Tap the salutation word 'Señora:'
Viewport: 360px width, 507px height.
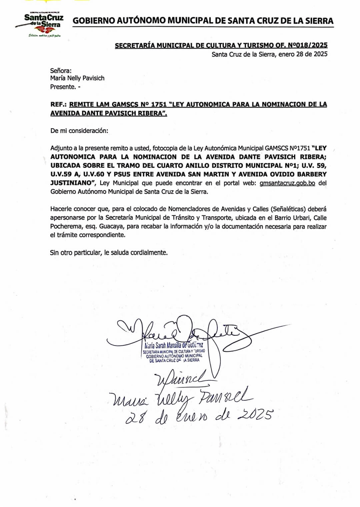pos(61,70)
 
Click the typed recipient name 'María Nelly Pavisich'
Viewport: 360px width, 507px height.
pos(77,78)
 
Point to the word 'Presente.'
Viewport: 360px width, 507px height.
pos(63,87)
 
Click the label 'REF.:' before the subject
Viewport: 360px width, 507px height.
pos(58,104)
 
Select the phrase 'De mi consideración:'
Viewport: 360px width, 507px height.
pos(79,131)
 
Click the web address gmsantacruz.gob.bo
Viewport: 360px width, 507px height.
pos(287,183)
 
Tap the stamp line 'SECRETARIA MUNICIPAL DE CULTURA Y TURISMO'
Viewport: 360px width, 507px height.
pos(174,351)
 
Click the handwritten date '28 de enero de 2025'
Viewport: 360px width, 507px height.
pos(199,416)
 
